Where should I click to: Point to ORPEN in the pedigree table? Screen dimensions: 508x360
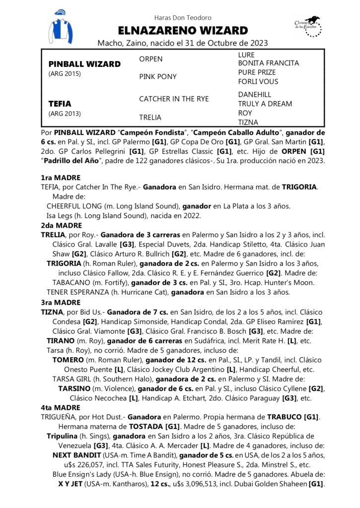point(151,59)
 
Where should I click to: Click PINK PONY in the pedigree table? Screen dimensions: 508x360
point(158,77)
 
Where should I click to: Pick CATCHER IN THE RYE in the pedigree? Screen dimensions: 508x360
point(174,99)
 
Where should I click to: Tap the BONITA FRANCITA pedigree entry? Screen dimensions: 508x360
point(268,63)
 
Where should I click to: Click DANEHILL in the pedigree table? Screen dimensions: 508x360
point(255,94)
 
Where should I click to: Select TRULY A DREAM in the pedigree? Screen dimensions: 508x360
point(265,104)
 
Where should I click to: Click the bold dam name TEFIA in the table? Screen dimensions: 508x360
point(60,104)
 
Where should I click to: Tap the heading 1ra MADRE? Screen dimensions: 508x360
point(61,178)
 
